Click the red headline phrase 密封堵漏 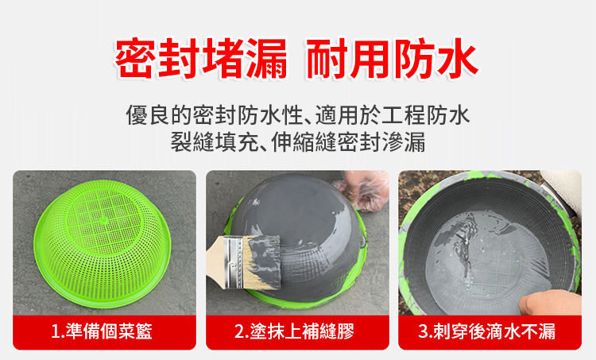pos(201,58)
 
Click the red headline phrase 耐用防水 pos(392,58)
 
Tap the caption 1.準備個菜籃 pos(102,331)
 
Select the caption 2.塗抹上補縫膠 pos(294,331)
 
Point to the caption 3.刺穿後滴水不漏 pos(487,331)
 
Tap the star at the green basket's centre pos(104,219)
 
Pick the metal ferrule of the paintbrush pos(233,262)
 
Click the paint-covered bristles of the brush pos(262,262)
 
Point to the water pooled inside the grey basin pos(488,262)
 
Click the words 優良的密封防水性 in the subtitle pos(215,115)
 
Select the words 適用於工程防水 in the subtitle pos(393,115)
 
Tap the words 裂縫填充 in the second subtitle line pos(215,141)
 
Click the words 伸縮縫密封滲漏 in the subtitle pos(348,141)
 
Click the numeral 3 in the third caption pos(423,332)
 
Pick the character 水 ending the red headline pos(457,58)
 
